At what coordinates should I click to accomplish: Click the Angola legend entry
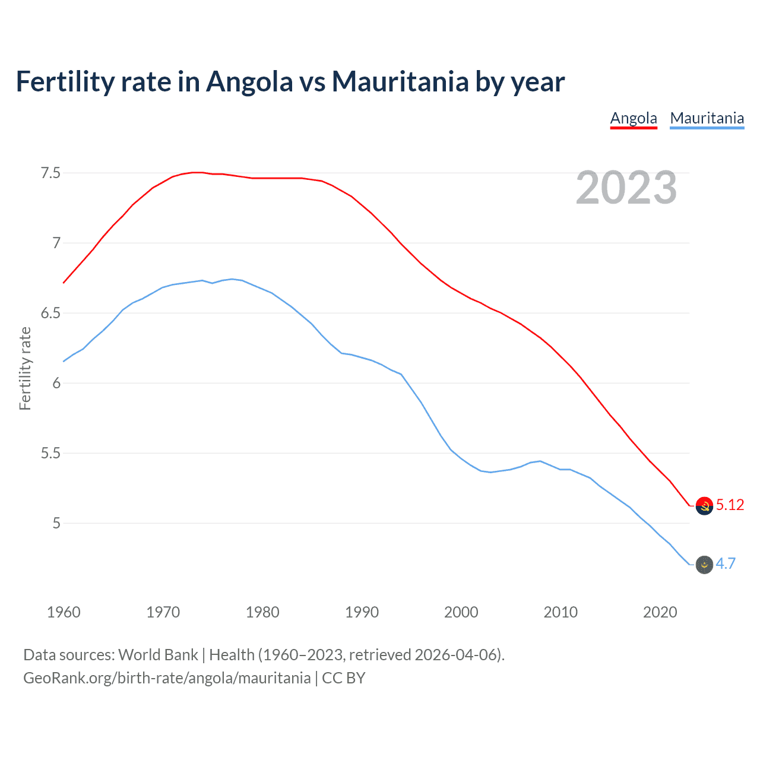tap(634, 118)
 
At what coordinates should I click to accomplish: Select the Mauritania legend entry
tap(707, 118)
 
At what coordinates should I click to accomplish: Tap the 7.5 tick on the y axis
tap(50, 173)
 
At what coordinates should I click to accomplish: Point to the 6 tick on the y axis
tap(56, 384)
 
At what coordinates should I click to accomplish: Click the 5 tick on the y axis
tap(56, 524)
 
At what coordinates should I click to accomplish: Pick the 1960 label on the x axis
tap(64, 612)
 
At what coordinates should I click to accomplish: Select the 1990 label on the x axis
tap(362, 612)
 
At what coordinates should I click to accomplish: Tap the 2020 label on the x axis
tap(660, 612)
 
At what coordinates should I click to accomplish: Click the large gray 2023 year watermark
tap(626, 188)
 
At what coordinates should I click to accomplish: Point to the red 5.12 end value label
tap(730, 505)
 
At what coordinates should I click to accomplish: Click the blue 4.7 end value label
tap(726, 564)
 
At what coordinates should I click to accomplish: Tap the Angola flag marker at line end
tap(704, 506)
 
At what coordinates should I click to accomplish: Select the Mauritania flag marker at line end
tap(704, 565)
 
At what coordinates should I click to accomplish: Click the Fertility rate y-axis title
tap(25, 368)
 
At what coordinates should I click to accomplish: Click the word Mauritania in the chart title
tap(400, 81)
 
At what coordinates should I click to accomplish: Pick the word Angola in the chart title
tap(249, 81)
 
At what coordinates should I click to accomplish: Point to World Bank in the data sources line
tap(158, 655)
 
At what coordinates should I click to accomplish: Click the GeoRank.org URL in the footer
tap(167, 678)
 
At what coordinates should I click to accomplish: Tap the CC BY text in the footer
tap(344, 678)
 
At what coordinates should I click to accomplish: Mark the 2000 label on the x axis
tap(461, 612)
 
